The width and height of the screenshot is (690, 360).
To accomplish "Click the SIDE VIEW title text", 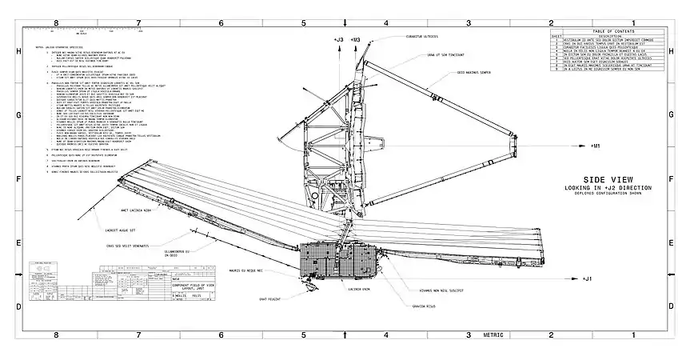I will point(610,180).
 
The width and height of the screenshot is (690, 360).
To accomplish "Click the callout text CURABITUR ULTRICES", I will point(422,36).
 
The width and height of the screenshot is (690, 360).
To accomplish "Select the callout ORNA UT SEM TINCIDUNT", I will point(445,56).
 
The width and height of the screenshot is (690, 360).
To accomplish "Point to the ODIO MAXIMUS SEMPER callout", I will point(473,74).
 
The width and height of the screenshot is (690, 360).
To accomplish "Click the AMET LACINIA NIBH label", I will point(137,211).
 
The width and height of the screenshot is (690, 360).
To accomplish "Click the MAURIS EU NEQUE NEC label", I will point(245,270).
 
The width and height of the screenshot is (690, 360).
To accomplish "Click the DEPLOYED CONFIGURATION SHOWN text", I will point(610,194).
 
